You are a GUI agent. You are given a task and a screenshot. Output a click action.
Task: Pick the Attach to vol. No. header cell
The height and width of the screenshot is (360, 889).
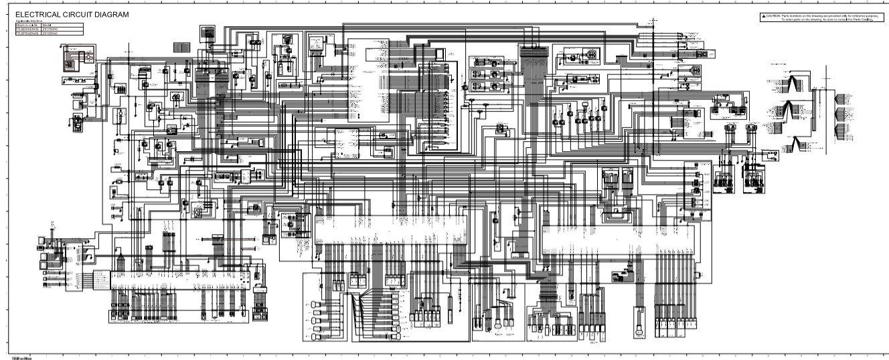(27, 25)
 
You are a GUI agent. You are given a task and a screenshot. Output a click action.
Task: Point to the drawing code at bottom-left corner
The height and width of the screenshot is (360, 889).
(9, 357)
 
